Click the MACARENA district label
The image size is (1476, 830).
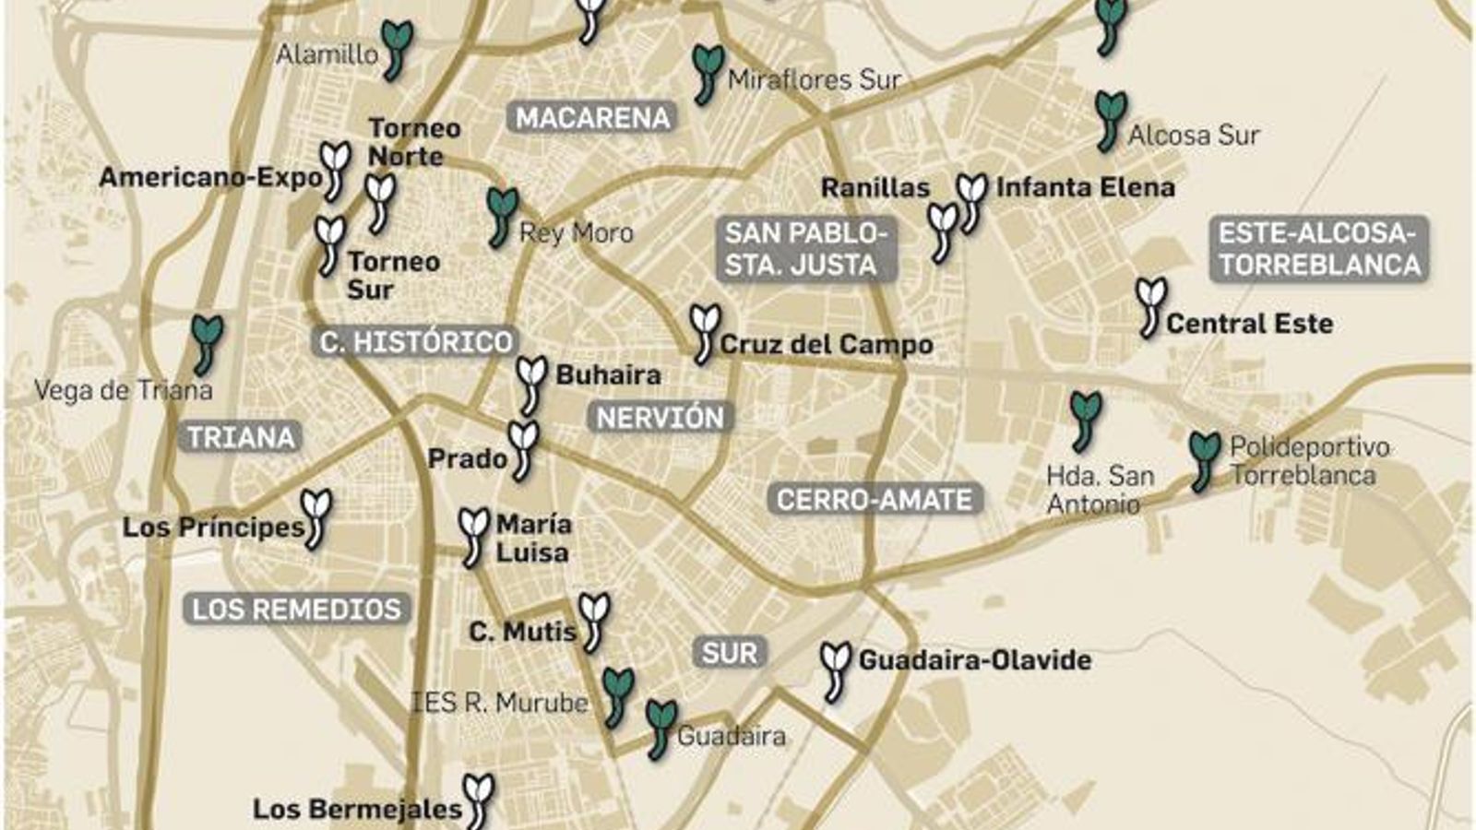click(x=592, y=118)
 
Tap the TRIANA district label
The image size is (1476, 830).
click(x=241, y=437)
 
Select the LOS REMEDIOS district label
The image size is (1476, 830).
click(x=296, y=609)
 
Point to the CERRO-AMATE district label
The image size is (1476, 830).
click(x=874, y=500)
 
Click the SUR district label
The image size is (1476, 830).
click(x=729, y=653)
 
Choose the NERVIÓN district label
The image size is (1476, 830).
click(x=660, y=418)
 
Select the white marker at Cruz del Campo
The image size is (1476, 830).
click(x=705, y=332)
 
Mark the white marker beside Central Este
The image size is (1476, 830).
click(x=1149, y=306)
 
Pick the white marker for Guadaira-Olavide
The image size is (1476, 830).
click(x=835, y=670)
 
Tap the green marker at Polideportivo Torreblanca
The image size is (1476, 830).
click(x=1203, y=459)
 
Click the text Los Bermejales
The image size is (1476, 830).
click(x=357, y=810)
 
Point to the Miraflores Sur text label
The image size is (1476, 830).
click(x=814, y=80)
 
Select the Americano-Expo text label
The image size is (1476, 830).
click(x=210, y=177)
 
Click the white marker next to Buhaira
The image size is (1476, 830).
click(x=531, y=383)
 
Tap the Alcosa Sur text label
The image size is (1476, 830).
click(x=1193, y=136)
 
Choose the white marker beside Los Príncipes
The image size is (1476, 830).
click(x=316, y=516)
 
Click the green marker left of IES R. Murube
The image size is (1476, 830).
click(x=616, y=695)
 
